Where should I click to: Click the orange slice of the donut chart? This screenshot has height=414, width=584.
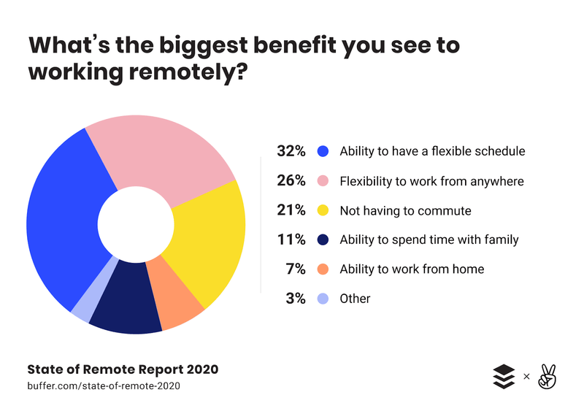174,299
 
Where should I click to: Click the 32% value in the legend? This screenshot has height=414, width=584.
291,152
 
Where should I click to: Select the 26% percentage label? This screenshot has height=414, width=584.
291,181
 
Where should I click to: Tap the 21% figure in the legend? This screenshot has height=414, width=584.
291,210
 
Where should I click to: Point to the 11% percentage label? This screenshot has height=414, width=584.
291,239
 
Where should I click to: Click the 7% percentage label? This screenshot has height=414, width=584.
295,269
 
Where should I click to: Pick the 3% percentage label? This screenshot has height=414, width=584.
295,298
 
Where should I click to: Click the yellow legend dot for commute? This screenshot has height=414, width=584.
323,211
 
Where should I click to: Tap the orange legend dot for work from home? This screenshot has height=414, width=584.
323,269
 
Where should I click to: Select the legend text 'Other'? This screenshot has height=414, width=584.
355,299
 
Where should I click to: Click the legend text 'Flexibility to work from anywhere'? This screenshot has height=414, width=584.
431,181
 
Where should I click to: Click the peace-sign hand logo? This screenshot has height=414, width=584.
547,376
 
